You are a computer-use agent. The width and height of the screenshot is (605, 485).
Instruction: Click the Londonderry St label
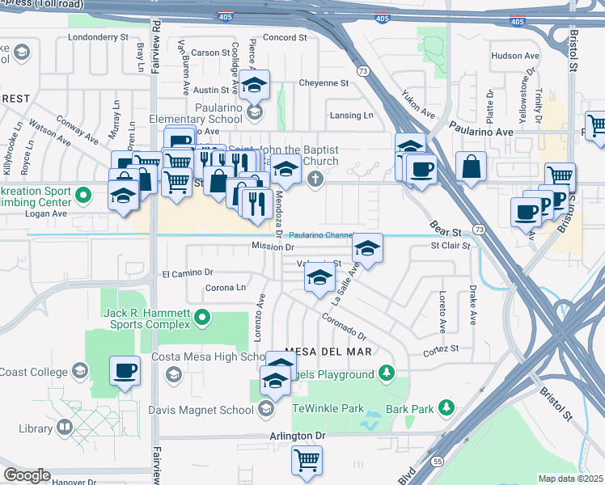[99, 37]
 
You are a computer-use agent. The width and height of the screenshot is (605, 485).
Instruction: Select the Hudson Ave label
[514, 56]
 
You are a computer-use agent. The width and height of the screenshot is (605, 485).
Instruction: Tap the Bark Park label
[410, 409]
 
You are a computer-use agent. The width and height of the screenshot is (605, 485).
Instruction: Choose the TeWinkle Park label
[328, 408]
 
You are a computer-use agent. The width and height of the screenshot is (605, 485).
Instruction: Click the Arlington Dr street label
[298, 436]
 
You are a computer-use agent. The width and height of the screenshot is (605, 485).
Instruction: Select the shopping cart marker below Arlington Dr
[307, 459]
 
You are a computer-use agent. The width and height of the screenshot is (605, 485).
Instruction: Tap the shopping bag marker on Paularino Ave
[471, 167]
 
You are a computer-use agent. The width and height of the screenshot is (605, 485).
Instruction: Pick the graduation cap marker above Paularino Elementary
[255, 83]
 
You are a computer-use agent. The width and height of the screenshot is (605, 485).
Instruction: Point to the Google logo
[27, 475]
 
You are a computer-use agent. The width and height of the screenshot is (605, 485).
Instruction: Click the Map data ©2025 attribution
[570, 479]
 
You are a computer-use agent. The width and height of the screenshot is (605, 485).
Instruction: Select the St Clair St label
[451, 245]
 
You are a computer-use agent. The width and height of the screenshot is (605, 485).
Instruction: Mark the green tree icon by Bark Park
[445, 408]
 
